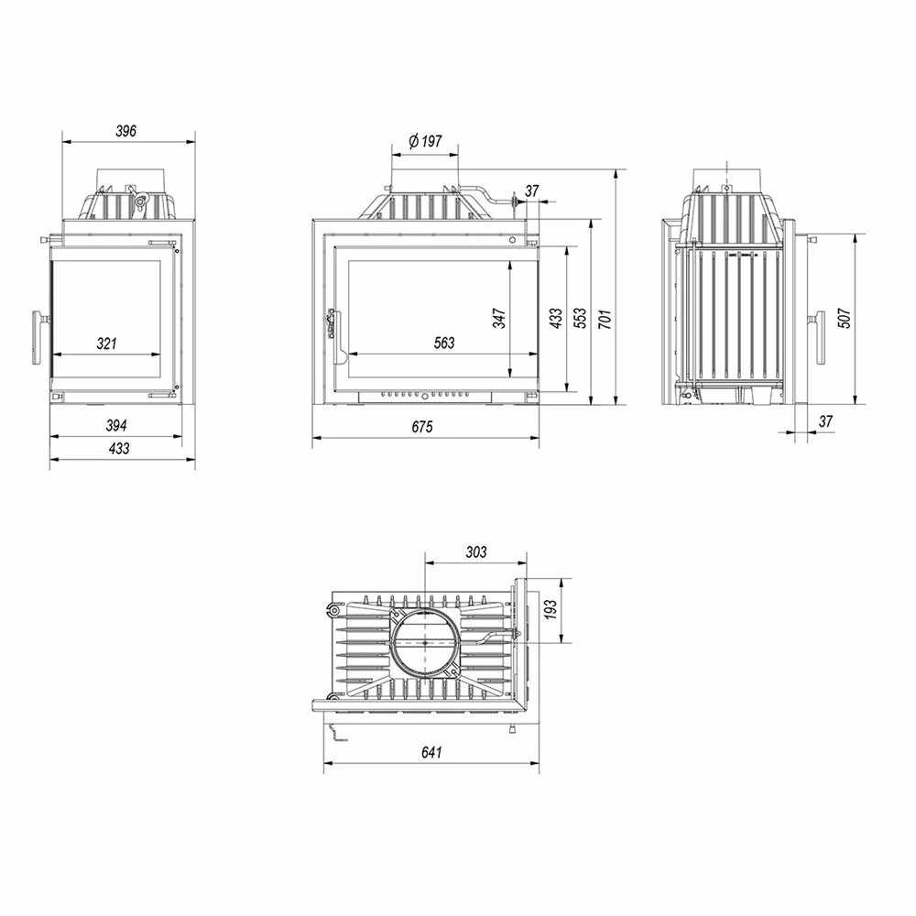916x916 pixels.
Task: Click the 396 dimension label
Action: pyautogui.click(x=125, y=131)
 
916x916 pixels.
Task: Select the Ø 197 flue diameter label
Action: pyautogui.click(x=425, y=141)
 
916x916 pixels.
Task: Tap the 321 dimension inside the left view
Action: pyautogui.click(x=106, y=343)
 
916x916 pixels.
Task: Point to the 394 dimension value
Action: pyautogui.click(x=116, y=425)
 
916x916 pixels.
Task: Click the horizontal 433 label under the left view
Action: pyautogui.click(x=118, y=449)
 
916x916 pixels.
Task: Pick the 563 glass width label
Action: pyautogui.click(x=444, y=343)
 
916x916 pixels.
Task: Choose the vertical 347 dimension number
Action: pyautogui.click(x=499, y=319)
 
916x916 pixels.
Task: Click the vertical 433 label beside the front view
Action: pyautogui.click(x=556, y=319)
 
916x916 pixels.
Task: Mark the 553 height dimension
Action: pyautogui.click(x=580, y=319)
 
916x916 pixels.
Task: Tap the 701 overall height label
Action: pyautogui.click(x=605, y=319)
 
